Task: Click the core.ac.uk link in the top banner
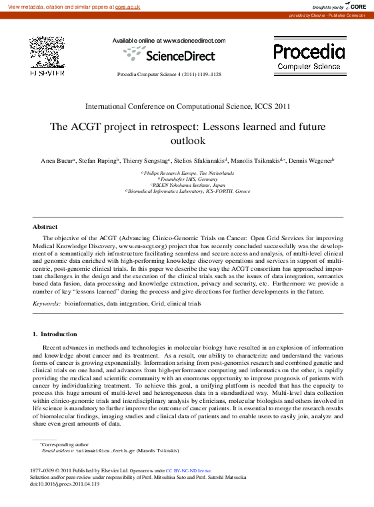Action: pyautogui.click(x=127, y=6)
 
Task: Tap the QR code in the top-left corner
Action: pyautogui.click(x=46, y=51)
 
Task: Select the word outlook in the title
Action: pyautogui.click(x=187, y=140)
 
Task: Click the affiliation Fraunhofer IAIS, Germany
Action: pyautogui.click(x=189, y=179)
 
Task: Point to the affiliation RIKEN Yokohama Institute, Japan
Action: pyautogui.click(x=189, y=185)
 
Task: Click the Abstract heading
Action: pyautogui.click(x=45, y=227)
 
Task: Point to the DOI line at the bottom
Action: pyautogui.click(x=64, y=484)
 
